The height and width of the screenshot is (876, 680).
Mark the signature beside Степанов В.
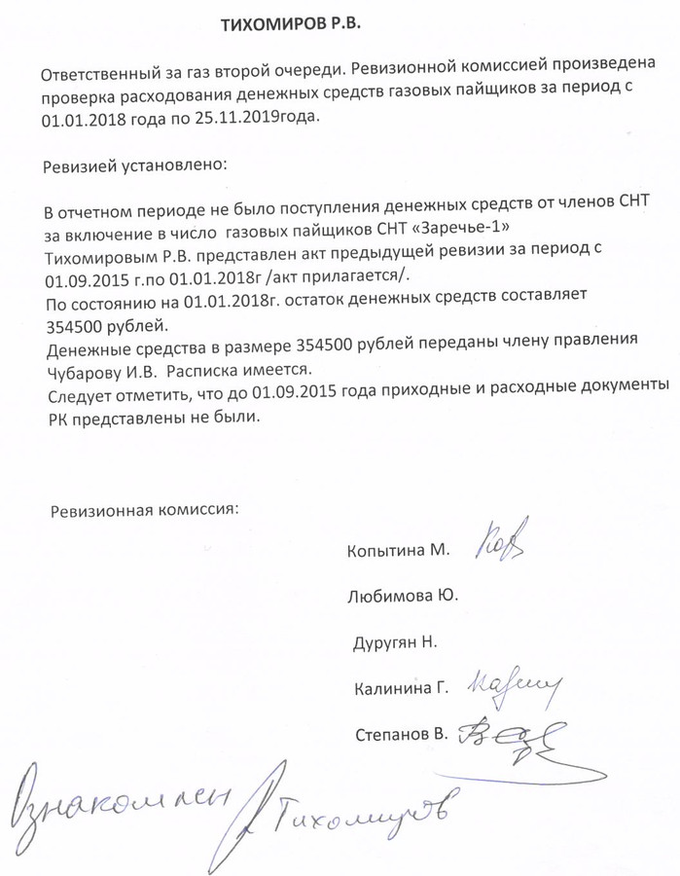tap(517, 737)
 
